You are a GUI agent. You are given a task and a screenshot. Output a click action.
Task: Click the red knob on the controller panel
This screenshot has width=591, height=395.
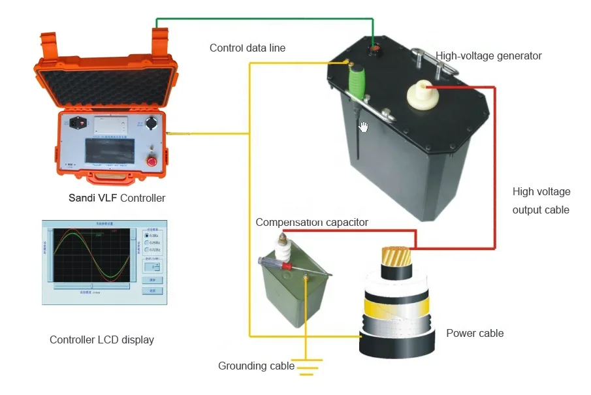[x=152, y=161]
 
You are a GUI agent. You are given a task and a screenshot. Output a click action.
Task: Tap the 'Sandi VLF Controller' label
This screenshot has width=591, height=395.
[x=117, y=198]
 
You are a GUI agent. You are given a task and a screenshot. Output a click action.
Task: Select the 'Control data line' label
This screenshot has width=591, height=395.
[x=247, y=48]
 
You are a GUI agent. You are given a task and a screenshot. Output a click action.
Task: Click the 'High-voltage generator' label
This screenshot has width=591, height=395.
[x=489, y=56]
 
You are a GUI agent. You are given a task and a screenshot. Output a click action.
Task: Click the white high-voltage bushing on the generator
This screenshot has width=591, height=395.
[x=421, y=97]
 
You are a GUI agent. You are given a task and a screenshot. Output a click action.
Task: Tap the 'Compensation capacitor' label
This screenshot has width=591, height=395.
[x=311, y=223]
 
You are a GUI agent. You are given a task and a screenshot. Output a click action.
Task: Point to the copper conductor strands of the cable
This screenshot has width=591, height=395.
[x=394, y=257]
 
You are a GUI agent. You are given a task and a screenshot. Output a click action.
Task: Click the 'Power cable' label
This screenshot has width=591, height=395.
[x=475, y=334]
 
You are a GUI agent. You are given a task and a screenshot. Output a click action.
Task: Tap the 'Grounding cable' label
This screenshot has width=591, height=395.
[x=256, y=366]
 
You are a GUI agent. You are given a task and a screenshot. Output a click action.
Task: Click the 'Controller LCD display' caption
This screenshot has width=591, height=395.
[x=102, y=340]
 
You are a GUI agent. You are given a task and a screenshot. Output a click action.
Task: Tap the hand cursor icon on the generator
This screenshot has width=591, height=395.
[x=364, y=127]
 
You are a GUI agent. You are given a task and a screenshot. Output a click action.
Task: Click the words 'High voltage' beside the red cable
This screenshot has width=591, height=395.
[x=541, y=192]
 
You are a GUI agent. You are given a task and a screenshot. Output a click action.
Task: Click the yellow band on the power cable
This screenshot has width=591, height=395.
[x=395, y=304]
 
